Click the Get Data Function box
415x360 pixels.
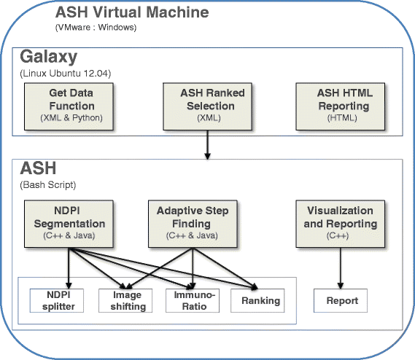coord(69,106)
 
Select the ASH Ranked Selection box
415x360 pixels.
coord(207,106)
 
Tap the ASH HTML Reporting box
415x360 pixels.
coord(341,106)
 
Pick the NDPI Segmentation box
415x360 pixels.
coord(69,224)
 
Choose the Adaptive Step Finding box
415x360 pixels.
coord(193,224)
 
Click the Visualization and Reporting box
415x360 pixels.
coord(341,224)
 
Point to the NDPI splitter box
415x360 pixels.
coord(57,300)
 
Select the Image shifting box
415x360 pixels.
coord(125,300)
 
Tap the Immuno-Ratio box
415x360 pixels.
coord(193,300)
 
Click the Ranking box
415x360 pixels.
coord(257,300)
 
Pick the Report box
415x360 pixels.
coord(341,300)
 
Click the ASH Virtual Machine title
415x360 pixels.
coord(132,12)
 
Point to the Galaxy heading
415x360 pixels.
coord(49,57)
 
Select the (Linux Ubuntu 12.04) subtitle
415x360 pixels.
coord(66,74)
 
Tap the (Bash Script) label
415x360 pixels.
coord(48,185)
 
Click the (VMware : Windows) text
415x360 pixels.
coord(96,27)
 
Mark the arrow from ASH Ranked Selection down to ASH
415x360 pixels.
coord(207,145)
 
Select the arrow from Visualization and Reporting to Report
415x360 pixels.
coord(341,268)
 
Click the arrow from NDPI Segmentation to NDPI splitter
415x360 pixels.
coord(69,268)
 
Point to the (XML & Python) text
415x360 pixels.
coord(71,118)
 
